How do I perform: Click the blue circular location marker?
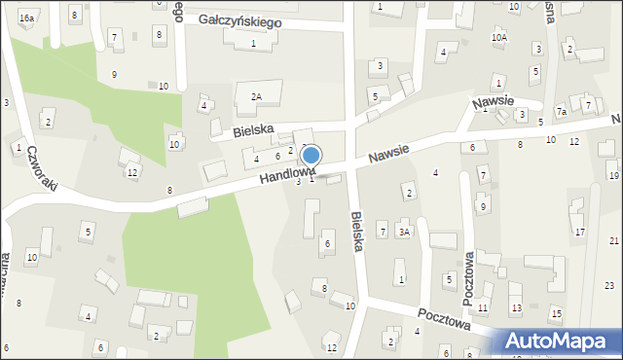[311, 155]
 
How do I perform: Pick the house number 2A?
[256, 96]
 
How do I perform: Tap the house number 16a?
[26, 18]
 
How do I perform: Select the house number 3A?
[403, 232]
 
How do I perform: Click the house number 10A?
[498, 38]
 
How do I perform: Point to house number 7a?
[561, 112]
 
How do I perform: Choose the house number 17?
[579, 232]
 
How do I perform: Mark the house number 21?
[613, 240]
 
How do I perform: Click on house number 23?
[609, 285]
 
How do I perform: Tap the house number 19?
[613, 175]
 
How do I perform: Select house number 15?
[556, 312]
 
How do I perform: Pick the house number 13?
[516, 308]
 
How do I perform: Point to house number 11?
[483, 307]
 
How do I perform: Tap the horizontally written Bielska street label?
[253, 129]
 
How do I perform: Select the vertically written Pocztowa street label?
[468, 278]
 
